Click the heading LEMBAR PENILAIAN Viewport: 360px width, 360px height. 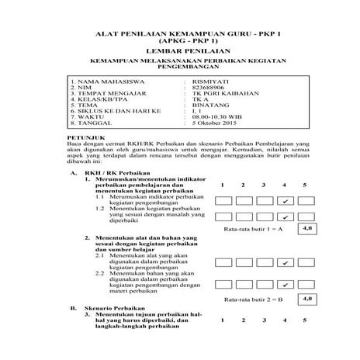(179, 50)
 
